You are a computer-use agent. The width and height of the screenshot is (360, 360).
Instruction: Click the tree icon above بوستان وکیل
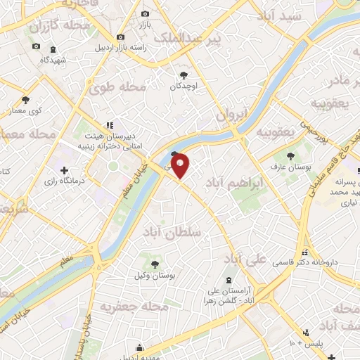(155, 264)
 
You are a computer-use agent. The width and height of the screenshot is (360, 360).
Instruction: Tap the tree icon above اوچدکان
(184, 75)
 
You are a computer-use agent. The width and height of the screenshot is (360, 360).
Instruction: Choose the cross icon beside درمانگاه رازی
(65, 169)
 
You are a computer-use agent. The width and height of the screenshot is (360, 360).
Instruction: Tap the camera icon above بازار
(146, 14)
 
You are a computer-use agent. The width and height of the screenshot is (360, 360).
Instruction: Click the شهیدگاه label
(34, 60)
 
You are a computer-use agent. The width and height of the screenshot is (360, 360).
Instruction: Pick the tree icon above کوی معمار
(25, 100)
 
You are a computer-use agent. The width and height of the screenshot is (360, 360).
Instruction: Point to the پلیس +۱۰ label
(304, 343)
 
